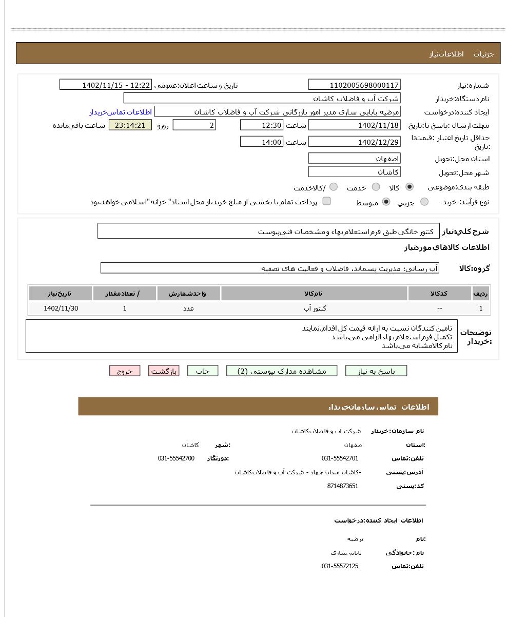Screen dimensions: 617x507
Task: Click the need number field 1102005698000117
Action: (x=354, y=85)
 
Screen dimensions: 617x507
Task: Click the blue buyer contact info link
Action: (x=121, y=112)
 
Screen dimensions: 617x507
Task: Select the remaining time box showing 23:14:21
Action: (x=130, y=125)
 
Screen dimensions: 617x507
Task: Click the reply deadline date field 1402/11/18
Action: (x=354, y=125)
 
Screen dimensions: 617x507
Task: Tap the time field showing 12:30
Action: (x=262, y=125)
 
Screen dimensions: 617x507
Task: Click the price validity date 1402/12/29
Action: (x=354, y=142)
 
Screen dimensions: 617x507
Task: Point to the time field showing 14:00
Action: (x=262, y=142)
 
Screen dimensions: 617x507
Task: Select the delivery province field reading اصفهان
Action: (x=354, y=159)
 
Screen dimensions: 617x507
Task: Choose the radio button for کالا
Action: (x=410, y=187)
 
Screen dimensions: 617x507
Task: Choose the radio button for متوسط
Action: (x=386, y=202)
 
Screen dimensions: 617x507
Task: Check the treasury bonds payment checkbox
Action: (x=326, y=201)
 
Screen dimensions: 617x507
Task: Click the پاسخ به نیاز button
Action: (x=376, y=371)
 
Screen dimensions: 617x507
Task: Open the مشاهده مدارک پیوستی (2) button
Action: (x=282, y=371)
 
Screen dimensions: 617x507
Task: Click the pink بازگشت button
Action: (x=164, y=371)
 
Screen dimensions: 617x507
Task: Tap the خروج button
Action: (x=125, y=371)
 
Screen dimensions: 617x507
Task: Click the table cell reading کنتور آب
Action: (x=315, y=308)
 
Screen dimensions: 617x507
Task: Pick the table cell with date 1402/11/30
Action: (x=61, y=308)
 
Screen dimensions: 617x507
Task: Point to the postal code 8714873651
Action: (x=342, y=486)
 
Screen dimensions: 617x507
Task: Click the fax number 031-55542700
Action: (x=176, y=458)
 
